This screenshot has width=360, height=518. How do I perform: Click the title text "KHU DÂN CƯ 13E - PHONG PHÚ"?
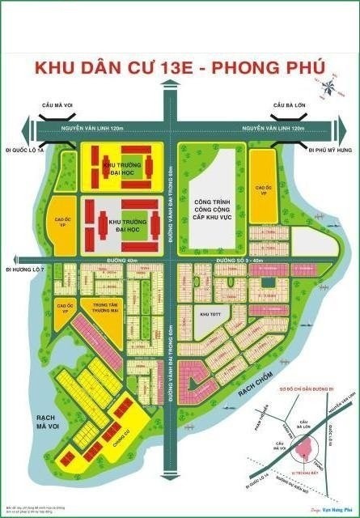180,69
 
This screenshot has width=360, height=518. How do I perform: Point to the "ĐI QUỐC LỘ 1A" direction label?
22,151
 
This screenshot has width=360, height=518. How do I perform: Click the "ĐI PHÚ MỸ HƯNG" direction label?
331,151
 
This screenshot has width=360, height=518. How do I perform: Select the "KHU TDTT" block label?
210,312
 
